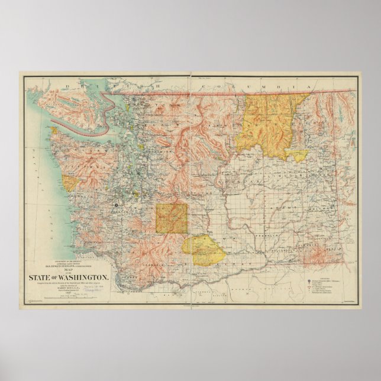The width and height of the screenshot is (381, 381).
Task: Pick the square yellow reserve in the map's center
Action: (172, 218)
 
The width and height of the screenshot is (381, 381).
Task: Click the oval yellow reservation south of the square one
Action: (204, 250)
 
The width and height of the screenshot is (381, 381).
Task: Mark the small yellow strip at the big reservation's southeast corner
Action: (298, 155)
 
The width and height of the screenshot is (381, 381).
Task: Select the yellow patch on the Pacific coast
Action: (70, 183)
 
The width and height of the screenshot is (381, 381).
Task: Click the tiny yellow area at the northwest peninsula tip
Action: (54, 130)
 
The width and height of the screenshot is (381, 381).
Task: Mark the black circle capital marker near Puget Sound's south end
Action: (117, 204)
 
